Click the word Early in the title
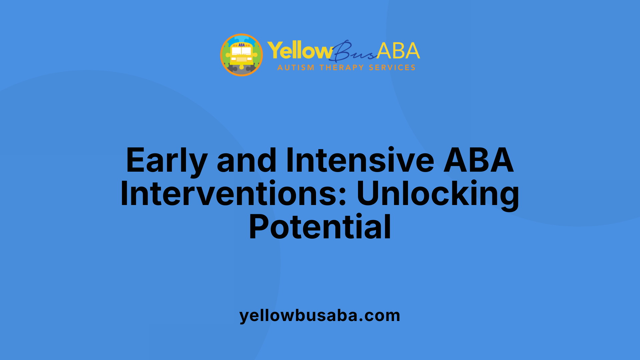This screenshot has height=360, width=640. pyautogui.click(x=167, y=161)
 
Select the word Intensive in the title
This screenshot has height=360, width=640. pyautogui.click(x=360, y=161)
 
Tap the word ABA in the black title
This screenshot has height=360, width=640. pyautogui.click(x=479, y=161)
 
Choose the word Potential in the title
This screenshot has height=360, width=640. pyautogui.click(x=320, y=227)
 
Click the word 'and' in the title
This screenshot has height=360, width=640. pyautogui.click(x=246, y=161)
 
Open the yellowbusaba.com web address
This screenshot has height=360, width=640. pyautogui.click(x=320, y=315)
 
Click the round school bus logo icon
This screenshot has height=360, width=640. pyautogui.click(x=241, y=55)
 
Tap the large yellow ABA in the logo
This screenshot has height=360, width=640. pyautogui.click(x=398, y=51)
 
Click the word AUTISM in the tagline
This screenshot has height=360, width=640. pyautogui.click(x=296, y=68)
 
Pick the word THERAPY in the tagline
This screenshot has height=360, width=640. pyautogui.click(x=341, y=68)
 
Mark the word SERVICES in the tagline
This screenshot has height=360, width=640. pyautogui.click(x=392, y=68)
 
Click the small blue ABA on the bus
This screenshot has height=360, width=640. pyautogui.click(x=241, y=45)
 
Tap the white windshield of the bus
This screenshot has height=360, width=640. pyautogui.click(x=241, y=51)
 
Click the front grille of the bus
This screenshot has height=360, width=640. pyautogui.click(x=241, y=59)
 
